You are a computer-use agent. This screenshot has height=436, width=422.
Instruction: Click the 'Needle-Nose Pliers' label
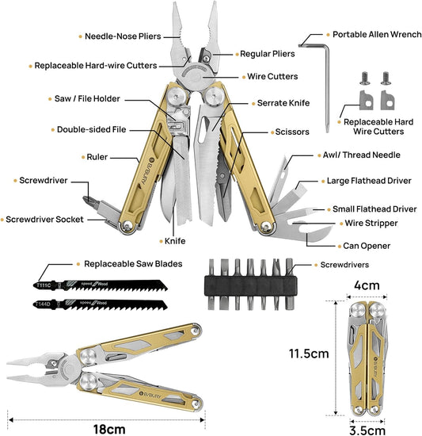(x=123, y=36)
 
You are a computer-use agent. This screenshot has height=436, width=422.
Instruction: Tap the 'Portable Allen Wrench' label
(x=377, y=34)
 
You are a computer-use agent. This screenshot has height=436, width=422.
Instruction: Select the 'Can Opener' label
(x=367, y=246)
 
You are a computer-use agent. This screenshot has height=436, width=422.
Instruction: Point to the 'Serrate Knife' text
(x=283, y=103)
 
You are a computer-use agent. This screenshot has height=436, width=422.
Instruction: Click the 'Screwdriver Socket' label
(x=44, y=220)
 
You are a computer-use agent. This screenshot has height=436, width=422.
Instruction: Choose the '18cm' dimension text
(x=109, y=429)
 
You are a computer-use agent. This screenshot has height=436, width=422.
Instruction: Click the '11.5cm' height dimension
(x=309, y=354)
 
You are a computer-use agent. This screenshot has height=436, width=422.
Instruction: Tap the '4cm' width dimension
(x=367, y=285)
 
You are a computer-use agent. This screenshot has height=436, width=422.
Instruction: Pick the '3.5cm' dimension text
(x=367, y=430)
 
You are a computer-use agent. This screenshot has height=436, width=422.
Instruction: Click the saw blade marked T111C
(x=100, y=285)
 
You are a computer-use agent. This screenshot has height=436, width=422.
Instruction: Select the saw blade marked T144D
(x=100, y=304)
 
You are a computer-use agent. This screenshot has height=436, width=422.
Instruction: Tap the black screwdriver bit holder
(x=250, y=285)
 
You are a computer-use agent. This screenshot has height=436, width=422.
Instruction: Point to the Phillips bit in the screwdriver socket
(x=91, y=202)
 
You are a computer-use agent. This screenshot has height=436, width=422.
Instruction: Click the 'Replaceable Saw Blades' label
(x=133, y=264)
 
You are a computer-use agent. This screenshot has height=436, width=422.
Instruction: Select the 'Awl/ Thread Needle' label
(x=362, y=155)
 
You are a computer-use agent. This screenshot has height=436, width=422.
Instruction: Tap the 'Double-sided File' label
(x=91, y=129)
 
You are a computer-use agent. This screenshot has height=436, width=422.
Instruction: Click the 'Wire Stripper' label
(x=371, y=223)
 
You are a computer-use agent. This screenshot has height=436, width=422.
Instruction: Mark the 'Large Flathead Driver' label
(x=369, y=181)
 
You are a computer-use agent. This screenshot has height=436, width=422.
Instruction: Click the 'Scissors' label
(x=292, y=132)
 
